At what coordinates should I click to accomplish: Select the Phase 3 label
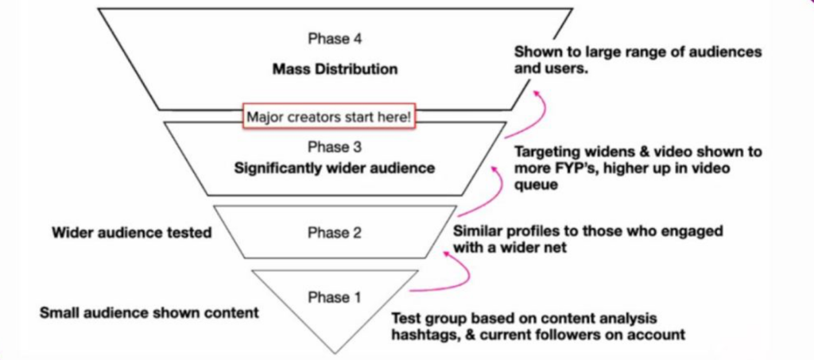point(329,148)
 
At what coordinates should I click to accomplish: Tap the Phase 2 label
point(330,233)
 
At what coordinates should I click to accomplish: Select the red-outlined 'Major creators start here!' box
point(329,117)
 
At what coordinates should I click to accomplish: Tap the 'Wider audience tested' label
point(131,233)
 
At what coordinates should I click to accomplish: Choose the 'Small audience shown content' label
point(149,312)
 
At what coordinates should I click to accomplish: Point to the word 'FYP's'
point(561,171)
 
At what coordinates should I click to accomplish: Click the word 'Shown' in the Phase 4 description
point(537,52)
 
